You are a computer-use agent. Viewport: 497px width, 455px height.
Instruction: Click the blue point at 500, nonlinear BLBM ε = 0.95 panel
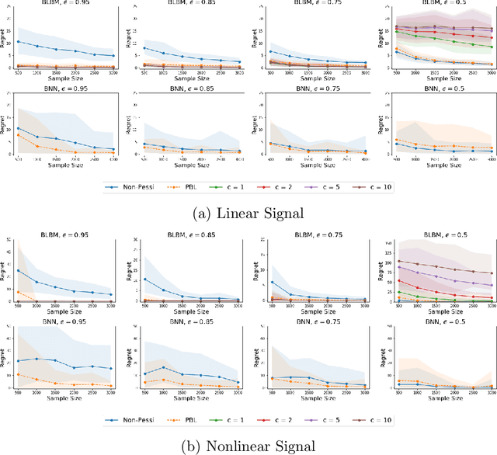pyautogui.click(x=18, y=270)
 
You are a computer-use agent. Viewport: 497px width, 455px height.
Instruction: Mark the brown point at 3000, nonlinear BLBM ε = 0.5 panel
pyautogui.click(x=492, y=273)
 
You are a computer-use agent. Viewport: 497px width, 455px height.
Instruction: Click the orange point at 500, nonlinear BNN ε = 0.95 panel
pyautogui.click(x=18, y=375)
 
